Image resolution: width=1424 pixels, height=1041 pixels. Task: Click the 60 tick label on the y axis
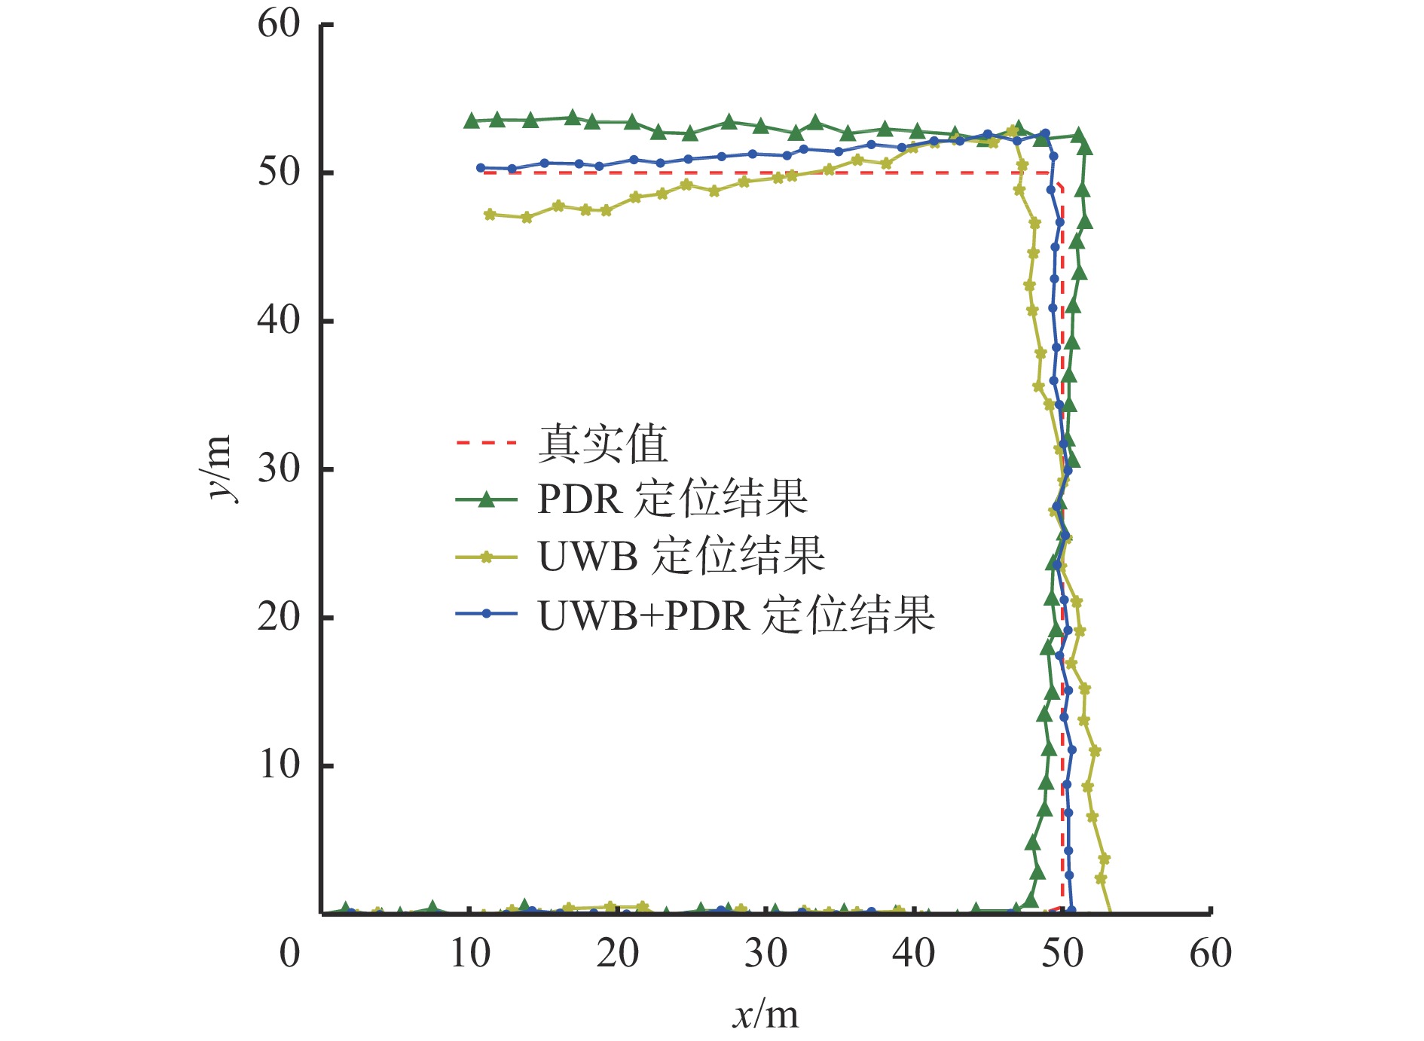click(279, 24)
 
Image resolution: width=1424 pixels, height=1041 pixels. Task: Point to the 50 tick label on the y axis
click(279, 172)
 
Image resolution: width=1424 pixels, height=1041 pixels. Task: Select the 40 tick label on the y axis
click(279, 321)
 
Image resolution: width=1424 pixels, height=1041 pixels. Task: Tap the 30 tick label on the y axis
click(279, 469)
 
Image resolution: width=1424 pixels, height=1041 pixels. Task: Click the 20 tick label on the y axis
click(279, 618)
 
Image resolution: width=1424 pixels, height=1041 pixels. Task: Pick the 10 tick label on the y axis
click(279, 765)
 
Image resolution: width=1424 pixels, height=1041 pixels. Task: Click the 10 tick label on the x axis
click(470, 954)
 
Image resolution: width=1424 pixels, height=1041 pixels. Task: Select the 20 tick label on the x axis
click(618, 954)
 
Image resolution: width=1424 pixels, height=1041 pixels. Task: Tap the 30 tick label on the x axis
click(766, 954)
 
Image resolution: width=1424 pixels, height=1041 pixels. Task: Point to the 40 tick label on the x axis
click(914, 954)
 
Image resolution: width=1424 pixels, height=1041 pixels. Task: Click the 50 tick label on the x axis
click(1062, 954)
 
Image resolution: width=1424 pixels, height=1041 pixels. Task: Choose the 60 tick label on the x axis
click(1210, 954)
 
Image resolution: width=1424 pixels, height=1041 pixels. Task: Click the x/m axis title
click(765, 1015)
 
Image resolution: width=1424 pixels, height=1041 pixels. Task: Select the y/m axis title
click(218, 468)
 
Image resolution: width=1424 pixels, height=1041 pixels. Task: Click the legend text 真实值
click(603, 444)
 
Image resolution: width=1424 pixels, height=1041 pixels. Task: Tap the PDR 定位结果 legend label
click(672, 499)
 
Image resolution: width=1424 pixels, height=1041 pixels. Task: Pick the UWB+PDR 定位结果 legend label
click(736, 615)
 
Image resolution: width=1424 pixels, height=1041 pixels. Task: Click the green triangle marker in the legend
click(487, 499)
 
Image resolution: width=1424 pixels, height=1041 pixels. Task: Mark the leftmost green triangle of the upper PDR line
click(472, 121)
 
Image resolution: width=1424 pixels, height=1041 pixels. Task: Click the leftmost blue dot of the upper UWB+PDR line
click(481, 168)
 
